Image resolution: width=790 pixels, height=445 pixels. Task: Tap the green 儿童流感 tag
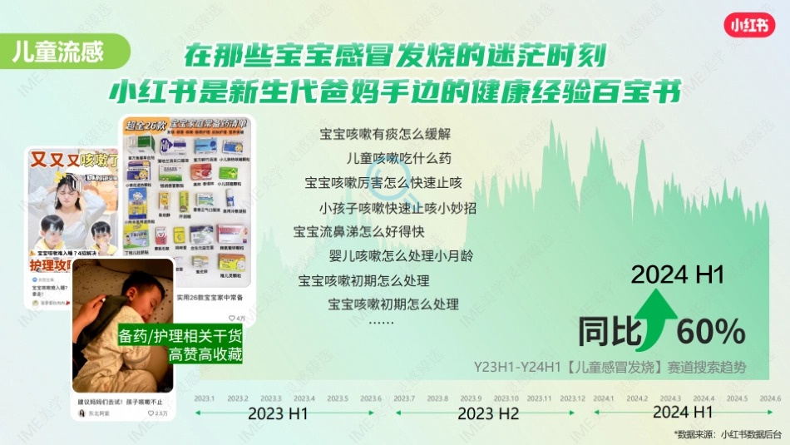point(58,52)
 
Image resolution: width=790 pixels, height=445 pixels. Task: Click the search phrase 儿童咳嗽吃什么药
point(398,158)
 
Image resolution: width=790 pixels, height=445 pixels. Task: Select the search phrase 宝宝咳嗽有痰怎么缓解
point(385,133)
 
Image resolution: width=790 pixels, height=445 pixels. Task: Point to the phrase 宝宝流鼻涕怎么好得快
point(359,231)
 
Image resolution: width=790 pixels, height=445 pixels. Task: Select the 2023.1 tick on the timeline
point(205,399)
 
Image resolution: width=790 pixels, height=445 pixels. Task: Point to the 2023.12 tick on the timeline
point(574,399)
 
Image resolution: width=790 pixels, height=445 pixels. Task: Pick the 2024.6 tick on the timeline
point(771,399)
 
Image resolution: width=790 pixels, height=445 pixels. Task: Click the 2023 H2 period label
point(488,413)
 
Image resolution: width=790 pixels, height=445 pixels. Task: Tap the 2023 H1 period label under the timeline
point(279,413)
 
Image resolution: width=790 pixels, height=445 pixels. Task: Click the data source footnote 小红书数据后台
point(751,434)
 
